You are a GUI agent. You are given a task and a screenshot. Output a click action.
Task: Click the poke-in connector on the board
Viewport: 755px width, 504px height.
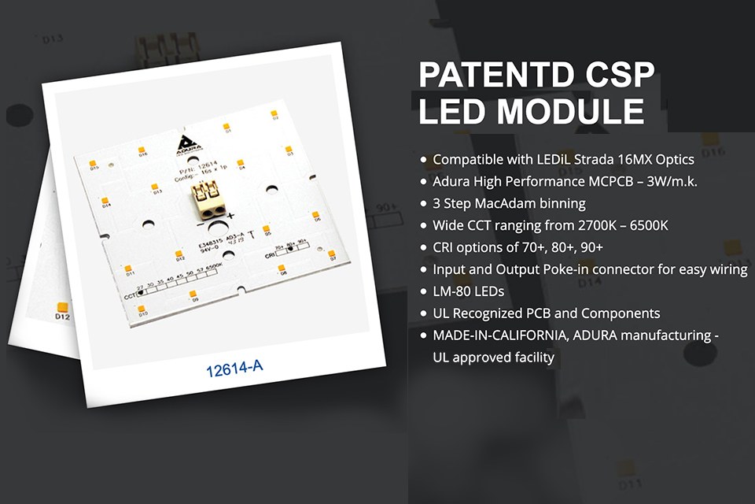tap(208, 198)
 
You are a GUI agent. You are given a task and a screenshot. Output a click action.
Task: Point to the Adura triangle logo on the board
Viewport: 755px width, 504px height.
tap(186, 142)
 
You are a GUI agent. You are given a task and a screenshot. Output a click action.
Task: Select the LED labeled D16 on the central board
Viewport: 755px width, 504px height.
tap(143, 149)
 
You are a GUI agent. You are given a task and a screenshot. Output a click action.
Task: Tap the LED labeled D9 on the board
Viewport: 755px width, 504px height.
tap(193, 295)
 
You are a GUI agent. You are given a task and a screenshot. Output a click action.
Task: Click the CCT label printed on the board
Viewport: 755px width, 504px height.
tap(131, 297)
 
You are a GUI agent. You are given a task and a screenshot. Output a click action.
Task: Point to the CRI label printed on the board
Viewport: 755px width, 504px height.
tap(270, 256)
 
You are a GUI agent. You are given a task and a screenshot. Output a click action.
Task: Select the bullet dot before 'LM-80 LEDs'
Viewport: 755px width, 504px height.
tap(424, 291)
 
